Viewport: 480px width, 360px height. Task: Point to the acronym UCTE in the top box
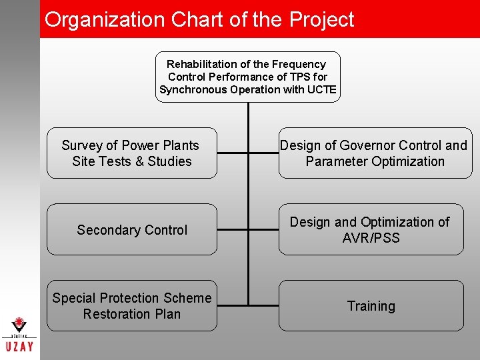pos(321,90)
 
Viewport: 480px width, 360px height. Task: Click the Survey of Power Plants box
pos(131,153)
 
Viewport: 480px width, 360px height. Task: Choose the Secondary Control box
pos(131,230)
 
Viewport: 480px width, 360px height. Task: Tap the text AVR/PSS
pos(371,238)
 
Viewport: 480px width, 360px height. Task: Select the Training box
pos(371,306)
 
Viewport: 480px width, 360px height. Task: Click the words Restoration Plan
pos(131,314)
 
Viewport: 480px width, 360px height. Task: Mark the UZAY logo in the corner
pos(20,337)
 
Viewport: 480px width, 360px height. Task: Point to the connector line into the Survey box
pos(232,153)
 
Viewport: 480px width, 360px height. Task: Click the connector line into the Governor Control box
pos(263,153)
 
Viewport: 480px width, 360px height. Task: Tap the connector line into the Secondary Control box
pos(232,229)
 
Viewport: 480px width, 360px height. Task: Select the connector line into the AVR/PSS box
pos(263,229)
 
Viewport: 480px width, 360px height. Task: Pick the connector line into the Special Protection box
pos(232,305)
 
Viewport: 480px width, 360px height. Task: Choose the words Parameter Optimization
pos(375,161)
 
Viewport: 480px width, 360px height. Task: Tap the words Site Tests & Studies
pos(131,161)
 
